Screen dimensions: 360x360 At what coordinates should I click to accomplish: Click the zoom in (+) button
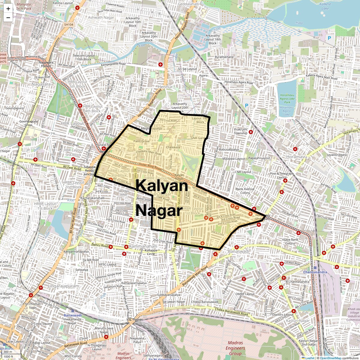[8, 9]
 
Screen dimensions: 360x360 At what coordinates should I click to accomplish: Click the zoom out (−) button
[8, 17]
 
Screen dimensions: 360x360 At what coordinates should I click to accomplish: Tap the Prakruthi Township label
[241, 131]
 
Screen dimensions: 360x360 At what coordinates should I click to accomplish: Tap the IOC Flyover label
[134, 319]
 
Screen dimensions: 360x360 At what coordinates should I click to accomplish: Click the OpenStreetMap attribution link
[331, 358]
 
